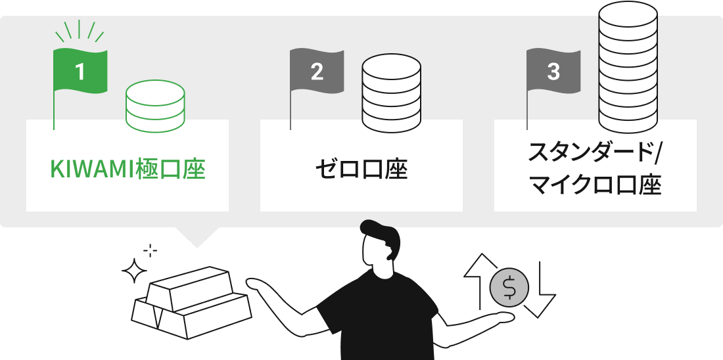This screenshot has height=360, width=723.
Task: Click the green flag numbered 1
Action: point(80,72)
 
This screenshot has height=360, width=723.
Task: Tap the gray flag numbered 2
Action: point(316,72)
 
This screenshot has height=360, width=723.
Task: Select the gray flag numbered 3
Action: point(553,72)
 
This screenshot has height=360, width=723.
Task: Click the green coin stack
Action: point(155,106)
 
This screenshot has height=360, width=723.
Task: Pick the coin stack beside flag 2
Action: point(391,95)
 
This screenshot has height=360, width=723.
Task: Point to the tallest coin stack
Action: point(628,67)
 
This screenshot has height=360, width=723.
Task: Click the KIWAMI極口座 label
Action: point(128,169)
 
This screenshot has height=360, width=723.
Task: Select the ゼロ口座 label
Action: point(361,169)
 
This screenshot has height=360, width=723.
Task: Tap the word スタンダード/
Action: point(595,152)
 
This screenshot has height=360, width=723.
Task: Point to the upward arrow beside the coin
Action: point(480,281)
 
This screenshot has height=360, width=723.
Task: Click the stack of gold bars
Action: point(191,302)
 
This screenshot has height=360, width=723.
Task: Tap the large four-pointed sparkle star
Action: point(134,271)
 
